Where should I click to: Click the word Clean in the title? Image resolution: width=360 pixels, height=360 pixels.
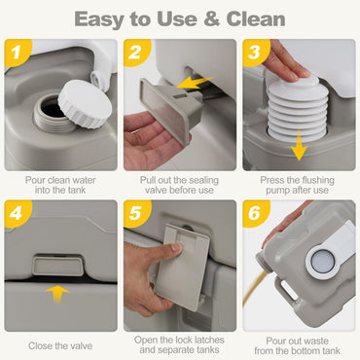pyautogui.click(x=256, y=19)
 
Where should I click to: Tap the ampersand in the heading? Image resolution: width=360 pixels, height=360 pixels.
pyautogui.click(x=212, y=19)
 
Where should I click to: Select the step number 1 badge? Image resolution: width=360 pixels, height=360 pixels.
pyautogui.click(x=17, y=52)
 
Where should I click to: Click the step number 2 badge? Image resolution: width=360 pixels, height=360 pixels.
pyautogui.click(x=135, y=52)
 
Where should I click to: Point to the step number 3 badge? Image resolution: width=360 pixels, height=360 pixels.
pyautogui.click(x=255, y=52)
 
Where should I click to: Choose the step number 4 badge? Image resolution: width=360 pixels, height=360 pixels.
pyautogui.click(x=17, y=213)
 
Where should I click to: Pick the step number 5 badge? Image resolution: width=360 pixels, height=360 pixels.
pyautogui.click(x=135, y=213)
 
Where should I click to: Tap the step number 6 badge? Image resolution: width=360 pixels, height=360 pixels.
pyautogui.click(x=255, y=213)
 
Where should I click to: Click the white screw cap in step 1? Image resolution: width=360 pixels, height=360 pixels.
pyautogui.click(x=85, y=103)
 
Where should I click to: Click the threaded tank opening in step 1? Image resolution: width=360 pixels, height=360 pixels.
pyautogui.click(x=52, y=114)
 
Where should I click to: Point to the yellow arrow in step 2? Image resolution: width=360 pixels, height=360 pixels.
pyautogui.click(x=197, y=83)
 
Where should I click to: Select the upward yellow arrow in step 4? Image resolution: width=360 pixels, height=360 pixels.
pyautogui.click(x=57, y=295)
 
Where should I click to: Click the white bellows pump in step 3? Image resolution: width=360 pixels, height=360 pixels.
pyautogui.click(x=299, y=109)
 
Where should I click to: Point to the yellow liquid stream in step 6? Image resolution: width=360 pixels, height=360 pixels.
pyautogui.click(x=253, y=288)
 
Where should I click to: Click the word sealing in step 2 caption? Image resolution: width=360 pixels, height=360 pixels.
pyautogui.click(x=202, y=180)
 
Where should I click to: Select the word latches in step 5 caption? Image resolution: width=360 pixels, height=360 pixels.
pyautogui.click(x=207, y=340)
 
